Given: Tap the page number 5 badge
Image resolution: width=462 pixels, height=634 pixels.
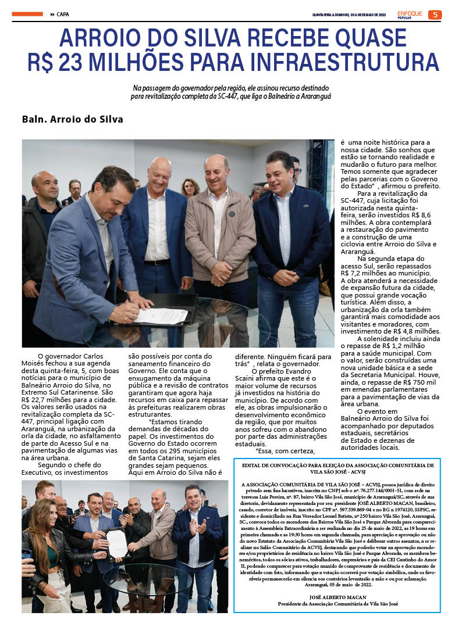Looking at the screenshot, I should (x=435, y=15).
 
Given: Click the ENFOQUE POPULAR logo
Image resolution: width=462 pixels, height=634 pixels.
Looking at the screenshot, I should (x=410, y=15).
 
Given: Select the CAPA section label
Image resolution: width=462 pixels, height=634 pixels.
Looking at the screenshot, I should (x=63, y=15).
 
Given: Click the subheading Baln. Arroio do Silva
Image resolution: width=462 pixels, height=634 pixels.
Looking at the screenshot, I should (x=73, y=120).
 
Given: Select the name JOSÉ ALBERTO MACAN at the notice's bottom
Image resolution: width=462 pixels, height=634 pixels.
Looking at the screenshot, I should (x=336, y=597).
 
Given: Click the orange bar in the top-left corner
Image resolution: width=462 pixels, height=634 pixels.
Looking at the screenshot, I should (x=27, y=14).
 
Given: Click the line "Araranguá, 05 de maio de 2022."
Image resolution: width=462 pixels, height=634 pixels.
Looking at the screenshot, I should (x=336, y=585).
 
